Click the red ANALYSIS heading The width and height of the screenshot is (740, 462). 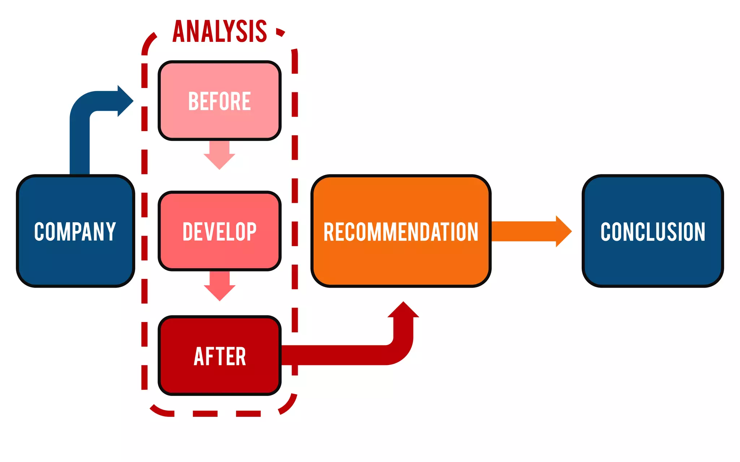click(219, 31)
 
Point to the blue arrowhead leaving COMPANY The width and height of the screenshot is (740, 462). click(125, 101)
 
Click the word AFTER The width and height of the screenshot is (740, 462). click(219, 357)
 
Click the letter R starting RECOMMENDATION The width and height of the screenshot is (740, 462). click(328, 232)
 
